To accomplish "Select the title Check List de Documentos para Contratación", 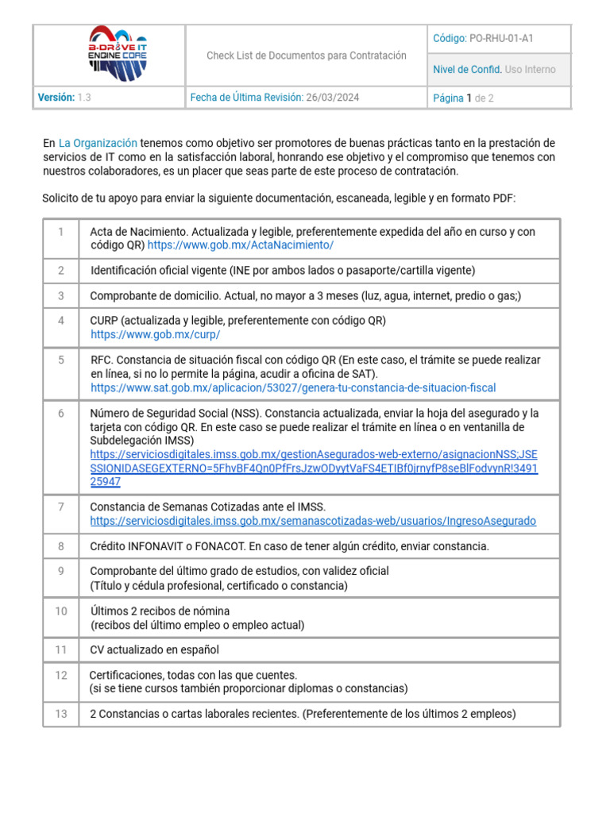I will [306, 56].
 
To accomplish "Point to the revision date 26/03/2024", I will [332, 98].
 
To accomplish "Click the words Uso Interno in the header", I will [530, 69].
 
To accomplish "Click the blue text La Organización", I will [98, 144].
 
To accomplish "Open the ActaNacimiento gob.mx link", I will [241, 245].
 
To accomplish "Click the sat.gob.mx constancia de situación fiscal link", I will [293, 387].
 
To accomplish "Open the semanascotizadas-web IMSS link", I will [313, 521].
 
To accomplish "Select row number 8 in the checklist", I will [61, 546].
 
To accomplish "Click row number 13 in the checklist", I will [61, 714].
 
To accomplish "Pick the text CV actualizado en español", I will [155, 649].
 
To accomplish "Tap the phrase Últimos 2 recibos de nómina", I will [160, 611].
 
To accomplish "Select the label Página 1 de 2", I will [463, 98].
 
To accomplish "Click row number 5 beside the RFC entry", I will [61, 360].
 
